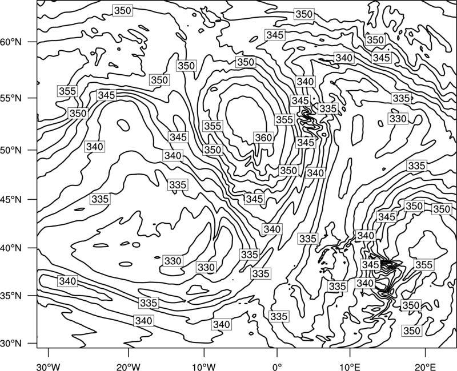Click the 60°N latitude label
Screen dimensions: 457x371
coord(11,42)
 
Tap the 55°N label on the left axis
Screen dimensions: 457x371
coord(11,98)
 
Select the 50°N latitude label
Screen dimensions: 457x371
coord(11,150)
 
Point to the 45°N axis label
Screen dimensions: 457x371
coord(11,199)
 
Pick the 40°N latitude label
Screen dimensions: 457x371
coord(11,248)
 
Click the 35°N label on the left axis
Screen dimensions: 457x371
coord(11,296)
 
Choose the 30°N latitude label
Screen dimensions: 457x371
coord(11,344)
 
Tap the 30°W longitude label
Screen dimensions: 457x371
coord(49,366)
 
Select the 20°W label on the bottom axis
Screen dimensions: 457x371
coord(129,366)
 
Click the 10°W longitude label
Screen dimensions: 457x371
coord(204,366)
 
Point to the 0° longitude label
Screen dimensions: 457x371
coord(277,366)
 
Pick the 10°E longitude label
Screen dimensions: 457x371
coord(350,366)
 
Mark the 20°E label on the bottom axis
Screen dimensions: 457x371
coord(425,366)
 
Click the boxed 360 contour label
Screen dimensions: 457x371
coord(263,138)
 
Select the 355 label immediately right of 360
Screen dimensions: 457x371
coord(284,120)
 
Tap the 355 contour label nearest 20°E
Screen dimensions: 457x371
coord(424,265)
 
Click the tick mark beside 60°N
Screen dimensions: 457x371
coord(33,42)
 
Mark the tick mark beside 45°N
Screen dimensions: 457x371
coord(33,199)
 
